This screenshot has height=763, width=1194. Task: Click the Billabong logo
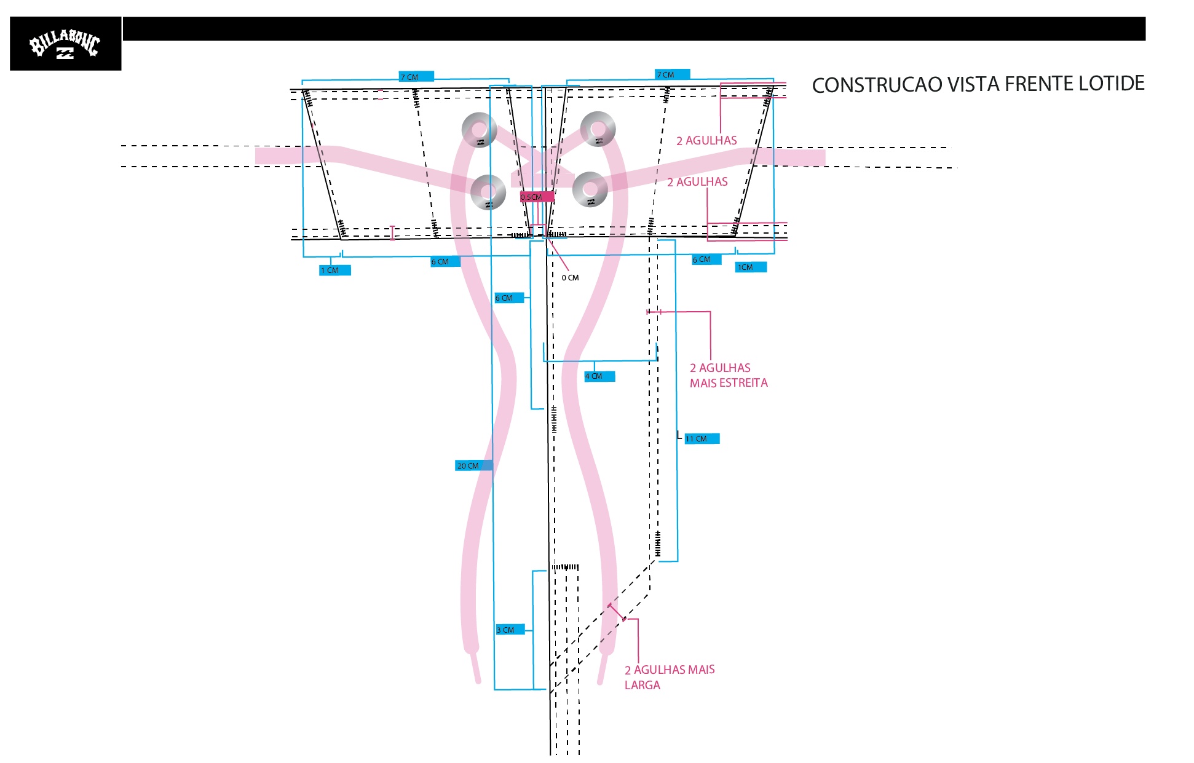(65, 44)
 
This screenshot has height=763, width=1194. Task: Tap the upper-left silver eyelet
(479, 130)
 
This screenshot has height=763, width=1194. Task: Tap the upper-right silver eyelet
(598, 129)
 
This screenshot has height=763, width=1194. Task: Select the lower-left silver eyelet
(488, 192)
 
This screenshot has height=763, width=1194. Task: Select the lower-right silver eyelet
(590, 189)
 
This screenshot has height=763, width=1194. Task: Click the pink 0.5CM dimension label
(537, 197)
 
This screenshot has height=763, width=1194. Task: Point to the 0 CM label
(570, 278)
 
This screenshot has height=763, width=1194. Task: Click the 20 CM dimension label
(473, 465)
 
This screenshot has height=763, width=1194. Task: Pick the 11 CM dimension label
(702, 438)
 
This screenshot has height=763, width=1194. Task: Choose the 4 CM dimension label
(599, 376)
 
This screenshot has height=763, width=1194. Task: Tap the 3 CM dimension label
(510, 630)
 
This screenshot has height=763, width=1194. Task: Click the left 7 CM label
(416, 77)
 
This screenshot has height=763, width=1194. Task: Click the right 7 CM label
(672, 74)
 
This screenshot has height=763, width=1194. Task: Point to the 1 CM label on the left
(334, 271)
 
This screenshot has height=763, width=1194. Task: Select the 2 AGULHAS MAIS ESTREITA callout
(729, 375)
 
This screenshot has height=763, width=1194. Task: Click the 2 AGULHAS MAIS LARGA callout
(670, 677)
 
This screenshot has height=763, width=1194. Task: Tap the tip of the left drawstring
(478, 681)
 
